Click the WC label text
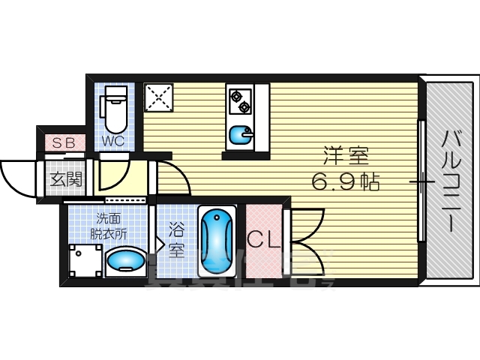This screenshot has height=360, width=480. tap(112, 140)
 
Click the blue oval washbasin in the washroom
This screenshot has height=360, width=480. tap(124, 261)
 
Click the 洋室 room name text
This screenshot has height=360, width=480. tap(346, 157)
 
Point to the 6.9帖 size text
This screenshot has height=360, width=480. tap(346, 181)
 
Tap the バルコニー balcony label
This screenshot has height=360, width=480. tap(451, 181)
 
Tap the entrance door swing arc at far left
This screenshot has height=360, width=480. tap(16, 177)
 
